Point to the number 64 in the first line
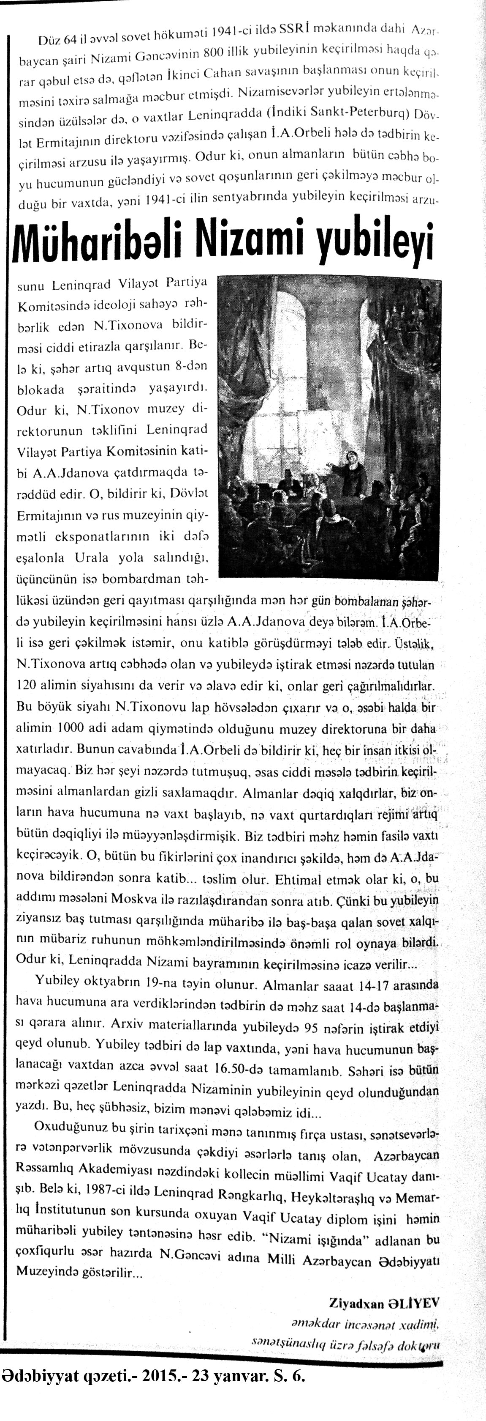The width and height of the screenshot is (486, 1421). tap(70, 40)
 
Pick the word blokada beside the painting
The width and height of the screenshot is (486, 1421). tap(42, 388)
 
